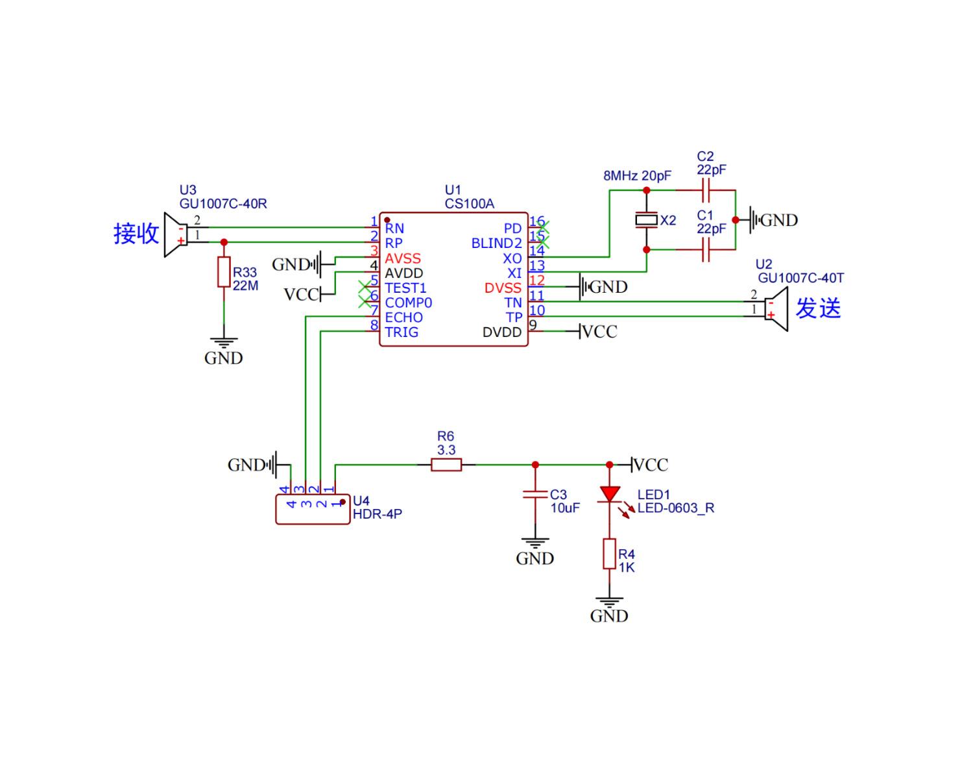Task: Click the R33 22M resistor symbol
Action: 224,272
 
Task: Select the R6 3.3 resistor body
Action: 446,464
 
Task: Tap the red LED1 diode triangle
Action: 609,494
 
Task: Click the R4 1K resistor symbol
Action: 609,554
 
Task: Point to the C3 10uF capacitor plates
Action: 535,495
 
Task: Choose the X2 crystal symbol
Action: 646,220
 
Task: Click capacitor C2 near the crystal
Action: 706,190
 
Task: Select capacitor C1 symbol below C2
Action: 706,249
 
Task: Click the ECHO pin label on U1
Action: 403,317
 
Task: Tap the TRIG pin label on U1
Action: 402,332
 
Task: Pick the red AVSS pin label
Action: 403,258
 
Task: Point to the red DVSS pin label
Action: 503,288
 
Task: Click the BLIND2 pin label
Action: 496,243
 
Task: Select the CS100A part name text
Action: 469,204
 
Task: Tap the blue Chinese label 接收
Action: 136,233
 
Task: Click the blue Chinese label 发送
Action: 818,308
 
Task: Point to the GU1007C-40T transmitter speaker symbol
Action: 776,309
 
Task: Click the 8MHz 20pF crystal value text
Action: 637,176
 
